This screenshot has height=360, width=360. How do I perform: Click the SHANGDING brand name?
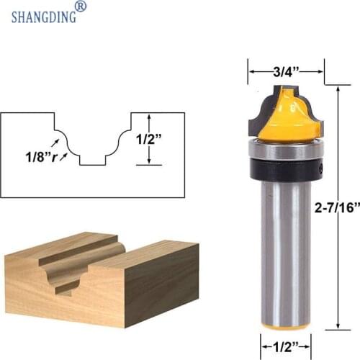click(42, 16)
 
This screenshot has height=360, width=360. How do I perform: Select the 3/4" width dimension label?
click(285, 71)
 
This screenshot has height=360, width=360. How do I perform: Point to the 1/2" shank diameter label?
click(285, 345)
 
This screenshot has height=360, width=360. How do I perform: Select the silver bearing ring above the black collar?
click(284, 150)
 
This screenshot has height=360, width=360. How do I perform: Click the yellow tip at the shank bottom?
click(284, 325)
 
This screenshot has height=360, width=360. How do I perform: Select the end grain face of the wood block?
click(43, 284)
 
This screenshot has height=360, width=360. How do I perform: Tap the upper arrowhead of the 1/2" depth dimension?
click(149, 117)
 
